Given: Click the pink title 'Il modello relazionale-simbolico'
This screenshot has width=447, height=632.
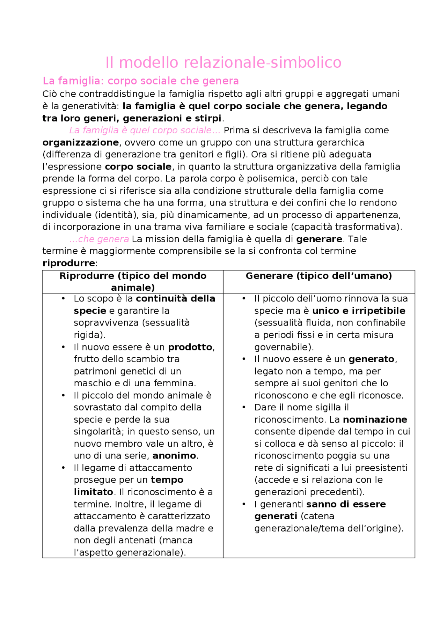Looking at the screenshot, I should click(x=223, y=63).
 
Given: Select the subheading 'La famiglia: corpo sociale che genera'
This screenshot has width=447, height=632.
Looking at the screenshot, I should click(x=140, y=81).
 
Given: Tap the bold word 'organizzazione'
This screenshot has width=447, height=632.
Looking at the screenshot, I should click(x=80, y=143).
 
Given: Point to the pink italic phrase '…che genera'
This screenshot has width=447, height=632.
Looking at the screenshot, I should click(x=100, y=239).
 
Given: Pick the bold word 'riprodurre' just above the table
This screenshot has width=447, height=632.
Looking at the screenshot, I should click(x=68, y=263).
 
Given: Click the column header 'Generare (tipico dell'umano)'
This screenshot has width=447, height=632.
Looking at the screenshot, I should click(x=318, y=276).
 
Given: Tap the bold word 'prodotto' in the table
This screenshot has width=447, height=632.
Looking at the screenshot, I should click(x=190, y=347).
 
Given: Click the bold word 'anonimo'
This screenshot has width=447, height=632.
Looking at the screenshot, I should click(x=174, y=456).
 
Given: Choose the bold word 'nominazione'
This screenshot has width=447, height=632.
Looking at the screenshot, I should click(x=375, y=419).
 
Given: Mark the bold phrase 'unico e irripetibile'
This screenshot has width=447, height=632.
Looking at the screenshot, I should click(x=359, y=311).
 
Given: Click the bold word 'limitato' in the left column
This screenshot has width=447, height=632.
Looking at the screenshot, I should click(x=93, y=492).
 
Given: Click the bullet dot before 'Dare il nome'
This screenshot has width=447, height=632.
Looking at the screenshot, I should click(x=244, y=407).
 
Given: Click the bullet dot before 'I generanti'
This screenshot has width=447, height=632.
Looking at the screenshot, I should click(x=244, y=504).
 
